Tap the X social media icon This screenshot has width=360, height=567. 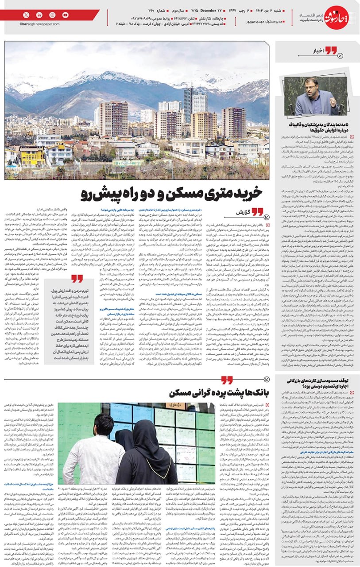pos(26,15)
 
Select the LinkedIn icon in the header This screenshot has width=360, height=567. pos(39,15)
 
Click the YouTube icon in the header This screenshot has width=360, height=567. pos(66,15)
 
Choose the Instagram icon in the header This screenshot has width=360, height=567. pos(52,15)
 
